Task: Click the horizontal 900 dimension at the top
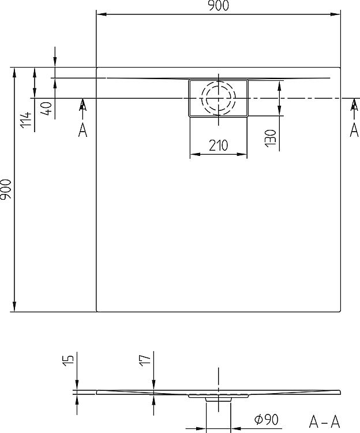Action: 218,6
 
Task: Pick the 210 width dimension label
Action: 218,146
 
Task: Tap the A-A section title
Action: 325,420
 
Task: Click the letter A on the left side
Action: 82,131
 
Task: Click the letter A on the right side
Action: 354,131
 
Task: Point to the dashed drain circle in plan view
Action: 218,99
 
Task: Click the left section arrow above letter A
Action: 82,106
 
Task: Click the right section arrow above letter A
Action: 354,106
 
